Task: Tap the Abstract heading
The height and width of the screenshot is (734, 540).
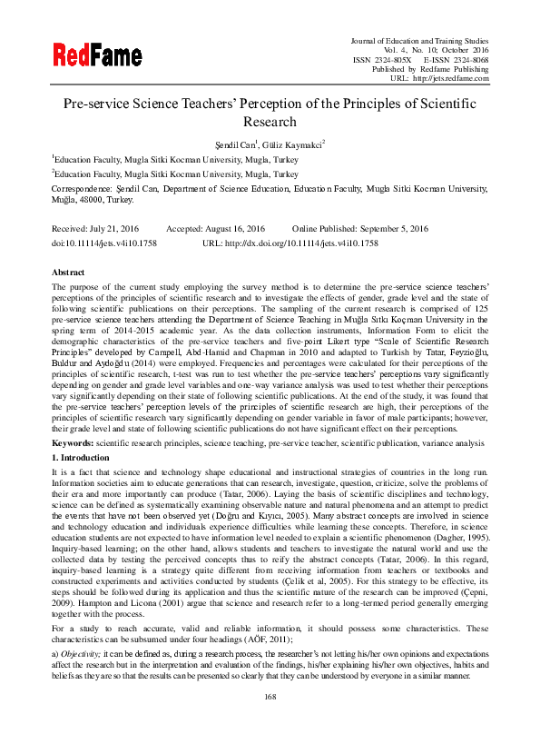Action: coord(69,272)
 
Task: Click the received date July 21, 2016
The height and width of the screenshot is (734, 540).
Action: coord(116,229)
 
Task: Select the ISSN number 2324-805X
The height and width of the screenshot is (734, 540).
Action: coord(393,59)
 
